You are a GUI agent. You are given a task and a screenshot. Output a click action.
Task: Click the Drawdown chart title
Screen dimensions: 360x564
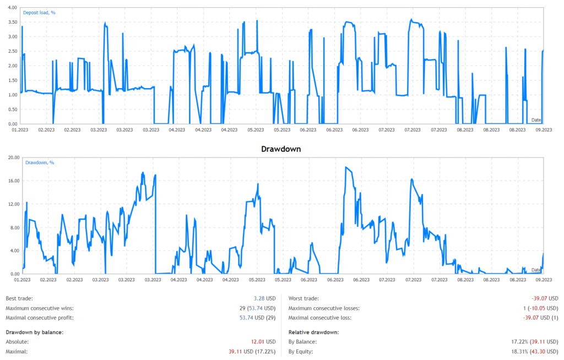pos(281,149)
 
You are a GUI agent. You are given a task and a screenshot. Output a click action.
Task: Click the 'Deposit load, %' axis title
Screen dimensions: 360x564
pos(40,13)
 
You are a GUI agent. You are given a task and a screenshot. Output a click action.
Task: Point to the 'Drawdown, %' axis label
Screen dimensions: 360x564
pos(41,162)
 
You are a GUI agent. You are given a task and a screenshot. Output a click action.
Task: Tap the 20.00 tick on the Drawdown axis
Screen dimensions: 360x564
pos(12,157)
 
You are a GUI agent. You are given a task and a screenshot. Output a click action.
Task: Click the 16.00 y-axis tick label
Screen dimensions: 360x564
pos(12,181)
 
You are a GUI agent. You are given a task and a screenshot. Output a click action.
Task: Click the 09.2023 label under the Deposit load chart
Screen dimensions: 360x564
pos(543,130)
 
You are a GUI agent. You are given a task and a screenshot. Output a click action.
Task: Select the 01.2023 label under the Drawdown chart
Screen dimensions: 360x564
pos(21,280)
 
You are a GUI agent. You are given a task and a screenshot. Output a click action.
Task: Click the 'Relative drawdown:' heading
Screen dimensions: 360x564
pos(313,332)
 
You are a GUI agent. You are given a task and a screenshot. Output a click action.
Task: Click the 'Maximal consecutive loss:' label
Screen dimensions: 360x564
pos(319,318)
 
